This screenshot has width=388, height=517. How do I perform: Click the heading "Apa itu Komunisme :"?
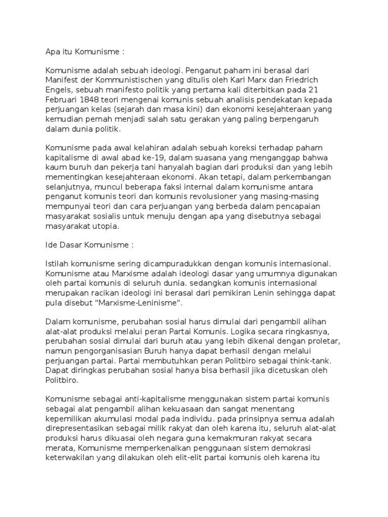coord(84,51)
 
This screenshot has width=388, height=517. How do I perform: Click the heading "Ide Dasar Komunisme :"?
coord(89,244)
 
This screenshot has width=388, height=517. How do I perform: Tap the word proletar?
coord(326,341)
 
